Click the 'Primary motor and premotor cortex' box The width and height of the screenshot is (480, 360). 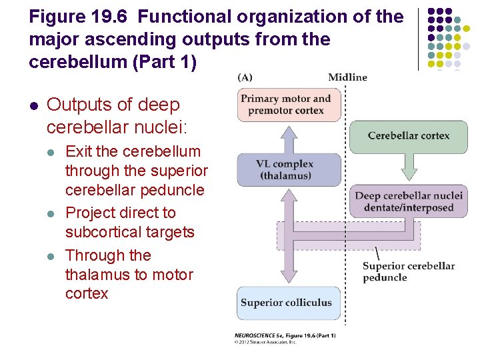click(x=289, y=104)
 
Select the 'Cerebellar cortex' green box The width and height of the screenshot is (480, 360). click(x=408, y=135)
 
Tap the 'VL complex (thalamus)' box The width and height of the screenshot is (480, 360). click(x=289, y=170)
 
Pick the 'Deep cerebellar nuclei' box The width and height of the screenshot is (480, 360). click(x=408, y=201)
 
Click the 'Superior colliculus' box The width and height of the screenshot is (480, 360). click(x=289, y=303)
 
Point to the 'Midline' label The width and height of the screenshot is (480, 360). click(x=347, y=77)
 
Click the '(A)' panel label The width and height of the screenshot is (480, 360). click(x=245, y=77)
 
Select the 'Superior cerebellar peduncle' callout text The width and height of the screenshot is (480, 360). click(x=408, y=271)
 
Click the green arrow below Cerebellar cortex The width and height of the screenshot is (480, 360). click(x=408, y=167)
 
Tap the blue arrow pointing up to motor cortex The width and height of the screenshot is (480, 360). click(x=289, y=137)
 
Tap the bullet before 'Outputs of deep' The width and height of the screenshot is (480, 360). click(x=33, y=105)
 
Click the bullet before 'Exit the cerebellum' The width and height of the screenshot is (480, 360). click(x=51, y=152)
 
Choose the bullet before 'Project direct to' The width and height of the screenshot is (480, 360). click(x=51, y=213)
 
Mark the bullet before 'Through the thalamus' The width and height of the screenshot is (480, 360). click(x=51, y=256)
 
